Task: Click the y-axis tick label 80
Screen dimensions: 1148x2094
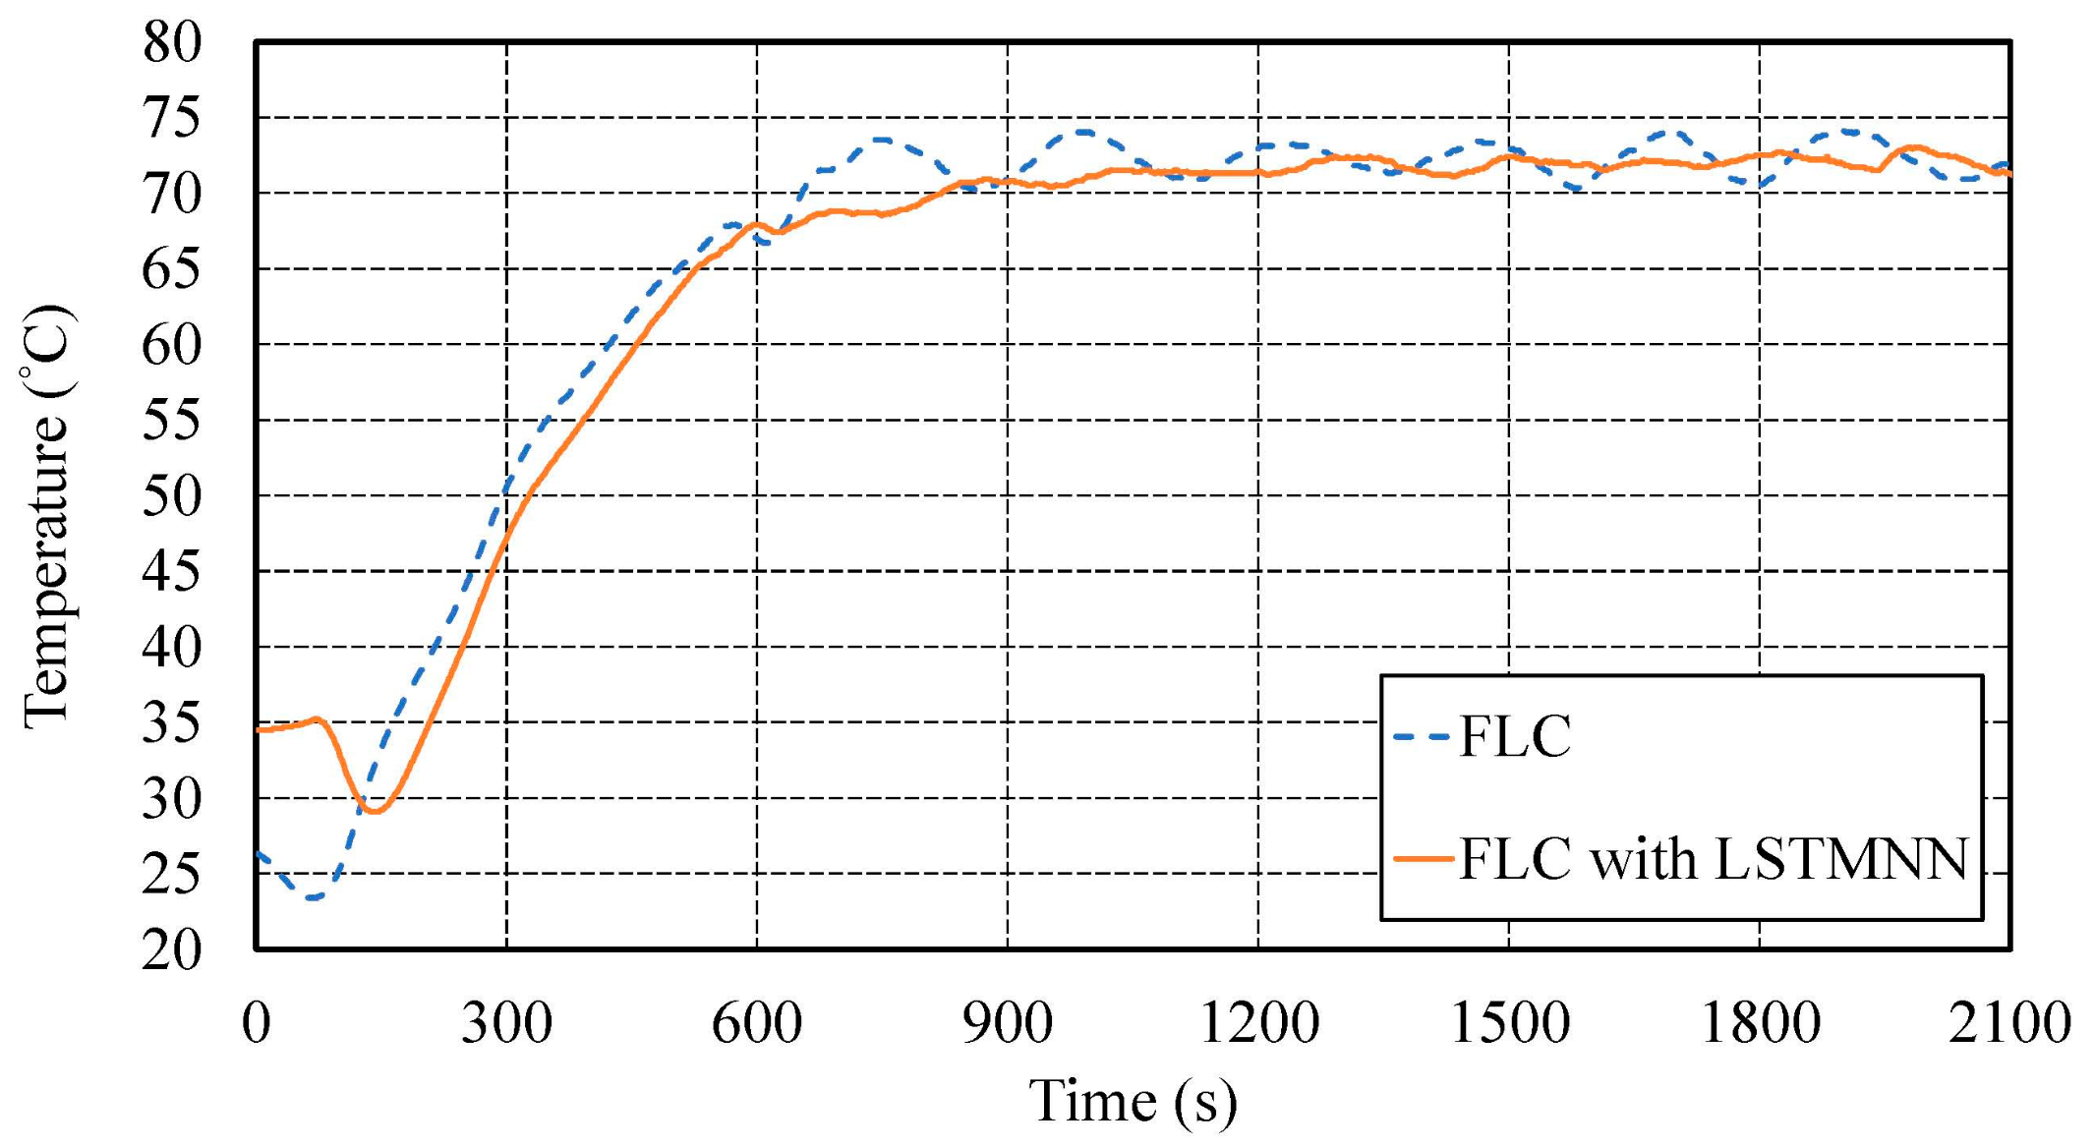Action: [x=171, y=42]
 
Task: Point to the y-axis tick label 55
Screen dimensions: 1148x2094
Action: [x=171, y=421]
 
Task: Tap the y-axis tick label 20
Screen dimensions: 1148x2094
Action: [x=171, y=950]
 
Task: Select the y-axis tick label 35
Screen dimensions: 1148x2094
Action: [x=171, y=724]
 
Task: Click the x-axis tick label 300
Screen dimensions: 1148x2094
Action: [x=506, y=1022]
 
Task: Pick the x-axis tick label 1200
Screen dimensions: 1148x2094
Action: [x=1258, y=1022]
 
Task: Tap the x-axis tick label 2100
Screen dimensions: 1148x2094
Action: [x=2009, y=1022]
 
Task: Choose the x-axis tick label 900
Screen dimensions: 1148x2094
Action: [x=1007, y=1022]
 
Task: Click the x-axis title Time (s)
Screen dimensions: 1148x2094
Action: [x=1133, y=1101]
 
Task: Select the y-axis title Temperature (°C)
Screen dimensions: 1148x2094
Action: [x=47, y=516]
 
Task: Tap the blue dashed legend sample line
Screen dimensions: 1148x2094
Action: [x=1422, y=736]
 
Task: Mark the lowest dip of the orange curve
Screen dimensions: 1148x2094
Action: [x=374, y=811]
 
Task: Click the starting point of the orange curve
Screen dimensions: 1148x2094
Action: [x=258, y=730]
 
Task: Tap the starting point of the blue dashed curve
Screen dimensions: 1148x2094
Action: [x=258, y=853]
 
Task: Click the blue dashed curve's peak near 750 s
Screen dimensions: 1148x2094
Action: [x=881, y=141]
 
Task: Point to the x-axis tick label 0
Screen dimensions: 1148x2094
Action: [x=256, y=1022]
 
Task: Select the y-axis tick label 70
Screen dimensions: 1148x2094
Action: [x=171, y=194]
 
